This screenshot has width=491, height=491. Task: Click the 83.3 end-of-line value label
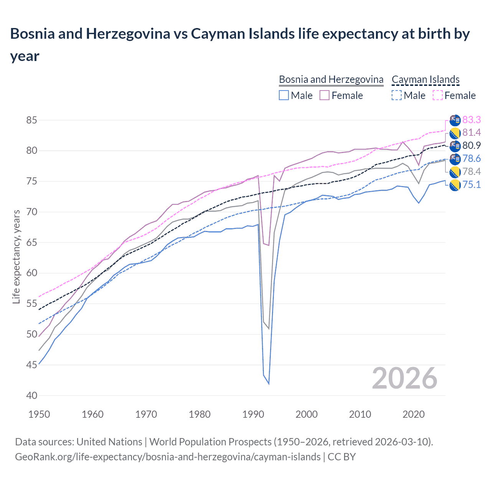click(x=471, y=120)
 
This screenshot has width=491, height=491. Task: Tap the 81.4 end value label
click(x=471, y=133)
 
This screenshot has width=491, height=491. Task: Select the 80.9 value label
click(x=471, y=146)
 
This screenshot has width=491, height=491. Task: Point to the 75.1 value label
click(x=471, y=185)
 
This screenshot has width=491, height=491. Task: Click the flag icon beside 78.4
click(x=455, y=172)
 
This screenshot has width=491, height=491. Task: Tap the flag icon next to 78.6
click(x=455, y=159)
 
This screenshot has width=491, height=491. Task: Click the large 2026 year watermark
click(x=405, y=379)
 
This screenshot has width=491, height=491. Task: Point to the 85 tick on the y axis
click(x=32, y=120)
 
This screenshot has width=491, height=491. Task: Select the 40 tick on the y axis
click(x=32, y=395)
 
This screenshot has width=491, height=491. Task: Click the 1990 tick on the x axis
click(x=253, y=414)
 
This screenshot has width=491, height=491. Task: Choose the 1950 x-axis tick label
click(x=39, y=414)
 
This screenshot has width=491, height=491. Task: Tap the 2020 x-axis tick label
click(x=414, y=414)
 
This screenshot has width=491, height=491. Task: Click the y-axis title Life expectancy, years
click(x=16, y=257)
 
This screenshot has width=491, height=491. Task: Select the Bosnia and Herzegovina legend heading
click(x=331, y=79)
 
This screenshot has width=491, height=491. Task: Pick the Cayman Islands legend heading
click(x=425, y=79)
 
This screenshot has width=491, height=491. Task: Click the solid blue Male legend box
click(x=284, y=95)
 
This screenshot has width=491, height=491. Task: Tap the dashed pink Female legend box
click(x=437, y=95)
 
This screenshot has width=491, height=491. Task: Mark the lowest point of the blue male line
click(x=269, y=384)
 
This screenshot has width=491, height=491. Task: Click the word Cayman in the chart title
click(x=217, y=34)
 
